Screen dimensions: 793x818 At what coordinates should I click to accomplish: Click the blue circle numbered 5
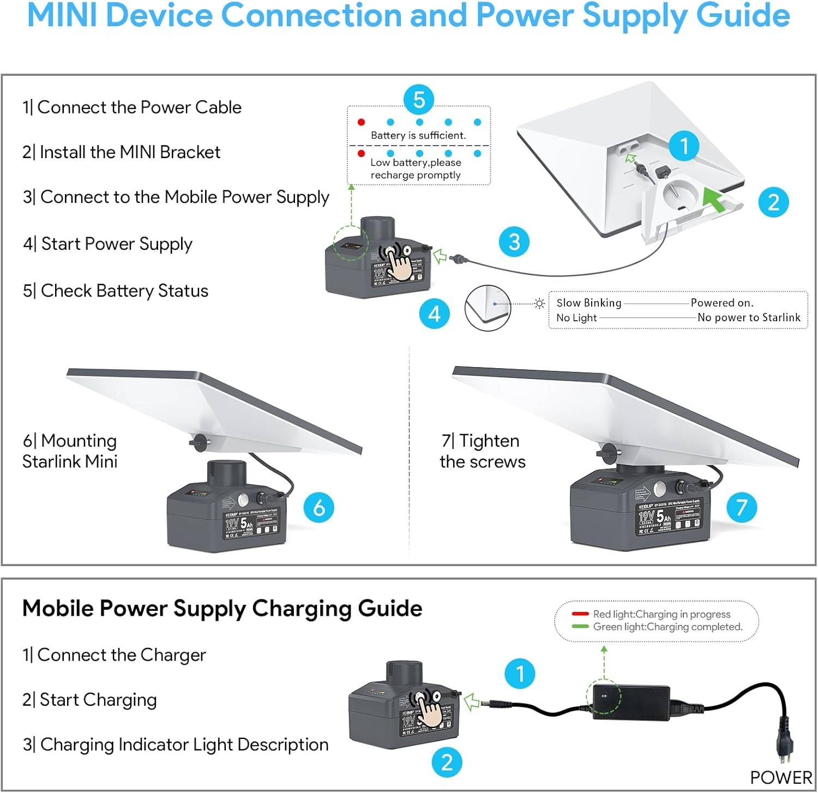[419, 100]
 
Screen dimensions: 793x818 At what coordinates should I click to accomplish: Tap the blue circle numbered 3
[514, 242]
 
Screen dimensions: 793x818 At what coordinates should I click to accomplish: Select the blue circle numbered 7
[742, 507]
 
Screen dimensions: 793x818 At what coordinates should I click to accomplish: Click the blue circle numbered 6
[319, 507]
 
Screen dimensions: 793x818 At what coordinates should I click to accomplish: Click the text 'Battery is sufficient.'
[418, 135]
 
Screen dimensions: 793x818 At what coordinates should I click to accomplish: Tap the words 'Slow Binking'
[588, 303]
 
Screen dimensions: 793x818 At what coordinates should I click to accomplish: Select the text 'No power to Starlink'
[749, 317]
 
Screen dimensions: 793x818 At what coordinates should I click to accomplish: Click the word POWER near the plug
[781, 777]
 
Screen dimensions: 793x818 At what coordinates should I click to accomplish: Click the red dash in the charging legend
[580, 614]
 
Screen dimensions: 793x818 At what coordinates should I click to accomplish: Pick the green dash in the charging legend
[580, 627]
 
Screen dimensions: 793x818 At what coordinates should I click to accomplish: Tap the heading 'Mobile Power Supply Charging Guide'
[222, 608]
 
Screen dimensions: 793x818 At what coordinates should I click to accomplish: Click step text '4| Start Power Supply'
[107, 244]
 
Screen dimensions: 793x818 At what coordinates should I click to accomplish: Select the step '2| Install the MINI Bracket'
[121, 152]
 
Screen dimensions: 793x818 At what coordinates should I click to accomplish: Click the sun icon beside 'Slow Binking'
[539, 303]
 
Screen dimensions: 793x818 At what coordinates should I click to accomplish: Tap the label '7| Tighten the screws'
[482, 451]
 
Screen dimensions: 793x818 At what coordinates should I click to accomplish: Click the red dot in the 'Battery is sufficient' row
[361, 122]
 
